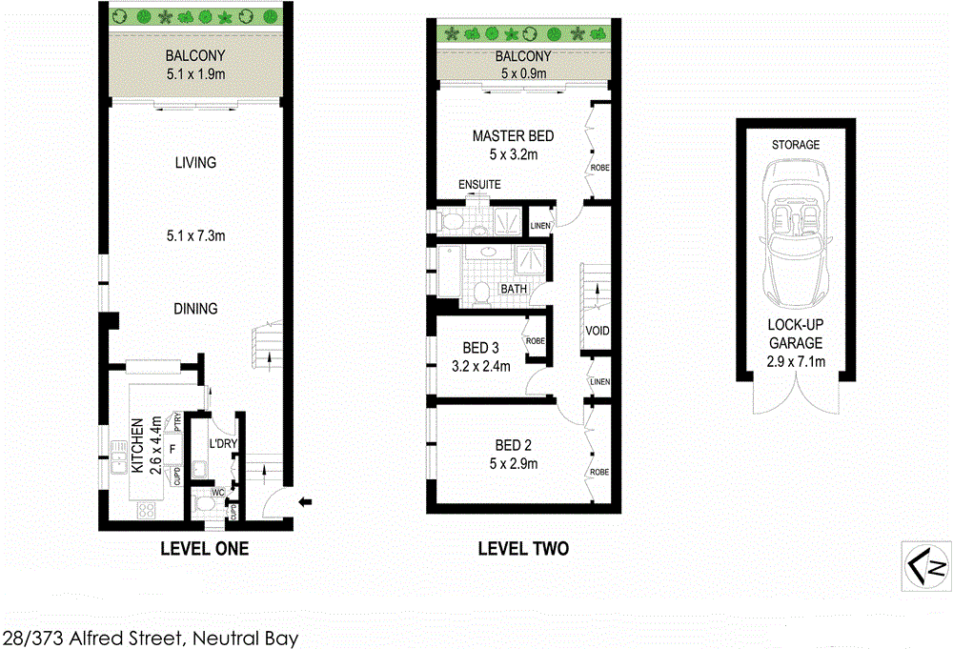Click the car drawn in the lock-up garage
(795, 242)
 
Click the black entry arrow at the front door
(307, 501)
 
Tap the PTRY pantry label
(177, 421)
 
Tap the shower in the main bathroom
(527, 260)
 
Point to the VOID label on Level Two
(598, 332)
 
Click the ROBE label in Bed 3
(535, 340)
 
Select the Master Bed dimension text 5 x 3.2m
(514, 153)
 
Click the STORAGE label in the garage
(796, 145)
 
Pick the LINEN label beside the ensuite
(539, 225)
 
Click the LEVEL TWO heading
(523, 549)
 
